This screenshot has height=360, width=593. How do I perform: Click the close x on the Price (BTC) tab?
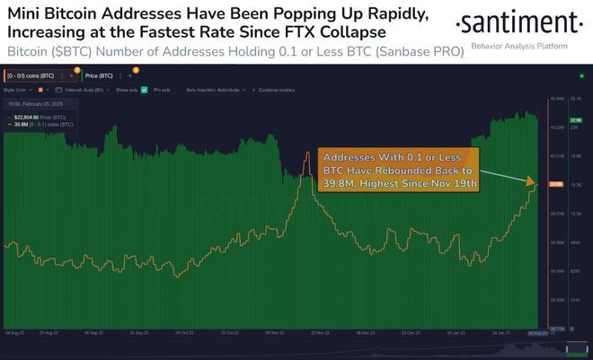(128, 76)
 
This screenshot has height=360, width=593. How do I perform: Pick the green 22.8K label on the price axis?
(578, 119)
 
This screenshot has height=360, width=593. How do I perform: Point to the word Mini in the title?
(29, 12)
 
